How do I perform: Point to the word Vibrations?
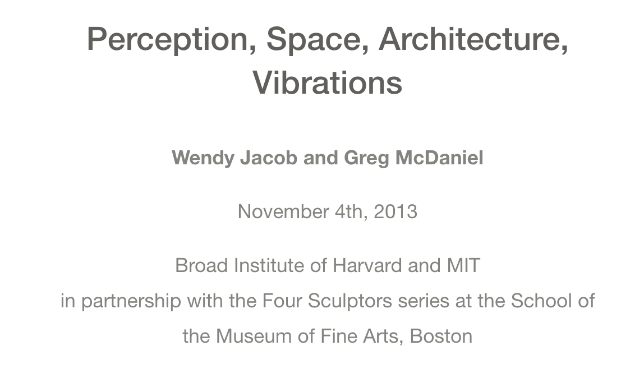(328, 82)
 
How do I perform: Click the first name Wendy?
(203, 158)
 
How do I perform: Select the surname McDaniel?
(439, 158)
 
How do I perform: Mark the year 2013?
(395, 212)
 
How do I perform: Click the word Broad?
(202, 265)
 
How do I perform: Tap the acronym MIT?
(463, 265)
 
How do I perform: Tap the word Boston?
(441, 337)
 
